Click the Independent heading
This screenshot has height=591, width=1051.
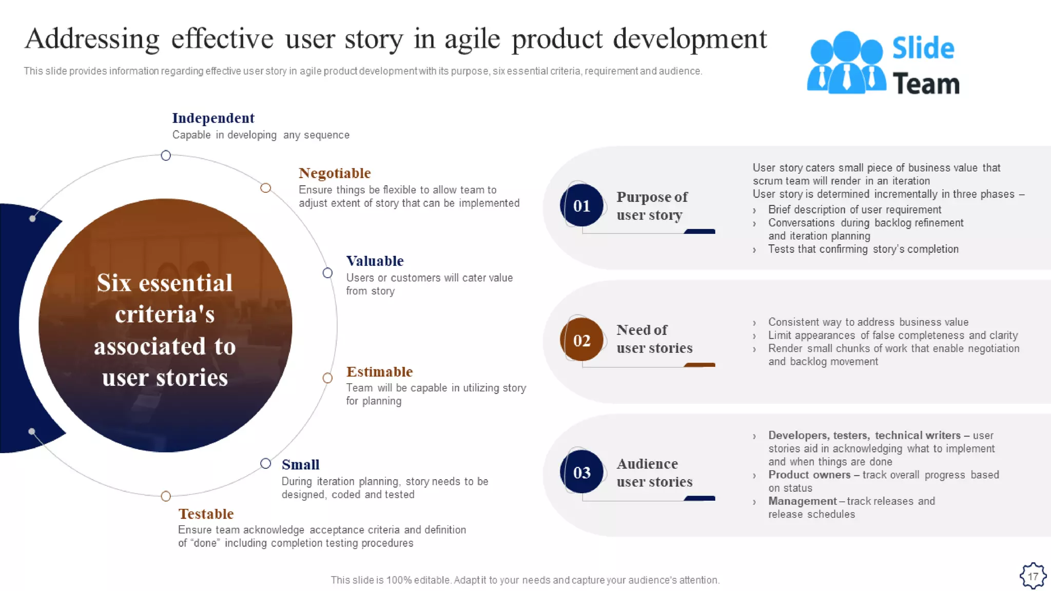(x=213, y=118)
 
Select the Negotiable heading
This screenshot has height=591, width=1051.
(x=335, y=173)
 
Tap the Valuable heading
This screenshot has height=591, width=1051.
(x=375, y=261)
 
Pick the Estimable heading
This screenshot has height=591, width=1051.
(x=379, y=372)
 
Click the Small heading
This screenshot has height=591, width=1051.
(x=300, y=465)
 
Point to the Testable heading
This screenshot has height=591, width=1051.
(x=206, y=514)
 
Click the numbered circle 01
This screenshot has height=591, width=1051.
(x=581, y=206)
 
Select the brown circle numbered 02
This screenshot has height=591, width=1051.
(x=581, y=340)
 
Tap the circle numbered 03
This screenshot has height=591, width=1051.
(x=581, y=472)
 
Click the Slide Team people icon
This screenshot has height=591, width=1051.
(x=846, y=63)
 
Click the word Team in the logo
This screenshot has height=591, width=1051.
(x=925, y=84)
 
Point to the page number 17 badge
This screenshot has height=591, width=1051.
(x=1033, y=576)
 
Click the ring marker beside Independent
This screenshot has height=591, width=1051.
(x=166, y=155)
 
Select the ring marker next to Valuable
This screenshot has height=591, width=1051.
(x=327, y=273)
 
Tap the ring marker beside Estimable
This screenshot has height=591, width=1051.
(x=327, y=378)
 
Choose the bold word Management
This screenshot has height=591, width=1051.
(x=802, y=501)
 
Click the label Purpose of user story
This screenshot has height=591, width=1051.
(x=652, y=206)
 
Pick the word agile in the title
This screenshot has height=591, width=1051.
(x=472, y=40)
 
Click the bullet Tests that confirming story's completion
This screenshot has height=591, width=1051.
(x=863, y=249)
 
